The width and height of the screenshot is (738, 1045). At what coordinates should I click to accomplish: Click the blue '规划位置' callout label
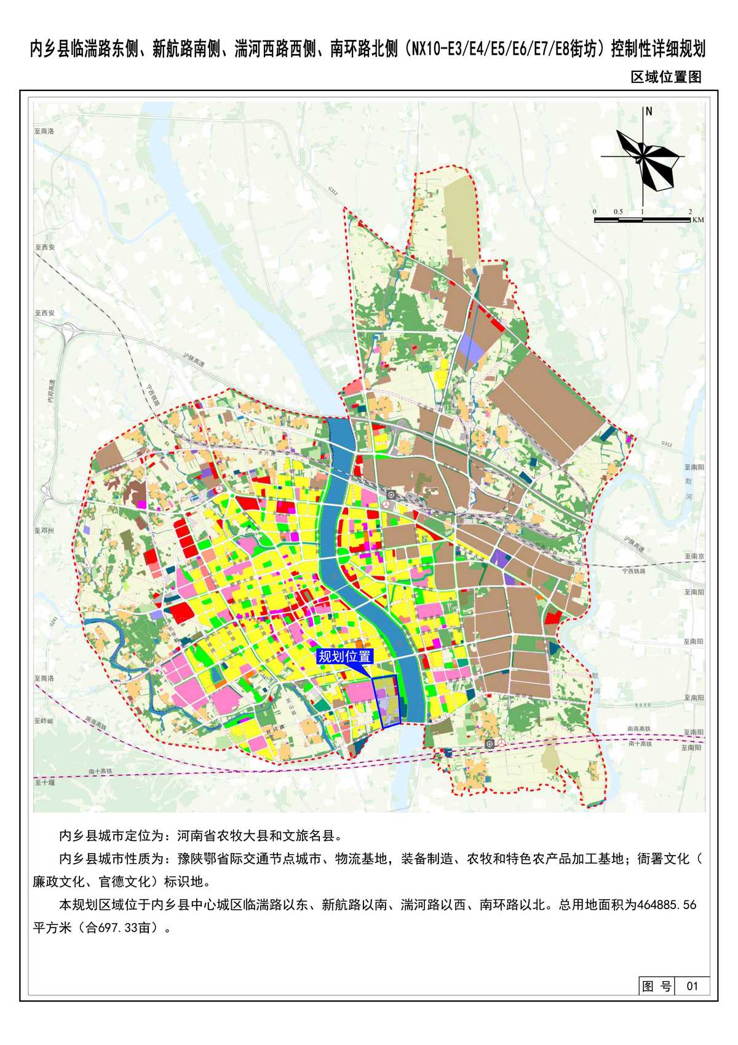(x=344, y=656)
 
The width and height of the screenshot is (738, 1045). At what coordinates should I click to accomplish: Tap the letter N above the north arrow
(x=649, y=112)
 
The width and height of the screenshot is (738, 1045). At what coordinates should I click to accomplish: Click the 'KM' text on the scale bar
(x=697, y=220)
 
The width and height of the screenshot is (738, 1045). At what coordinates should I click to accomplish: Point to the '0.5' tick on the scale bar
(x=617, y=212)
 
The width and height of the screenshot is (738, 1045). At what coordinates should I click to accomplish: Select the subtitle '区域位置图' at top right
(x=666, y=77)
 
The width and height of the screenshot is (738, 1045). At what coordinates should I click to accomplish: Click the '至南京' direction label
(x=694, y=556)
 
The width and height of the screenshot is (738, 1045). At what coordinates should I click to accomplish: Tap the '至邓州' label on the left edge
(x=44, y=530)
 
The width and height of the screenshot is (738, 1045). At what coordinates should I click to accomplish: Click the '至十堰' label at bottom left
(x=44, y=782)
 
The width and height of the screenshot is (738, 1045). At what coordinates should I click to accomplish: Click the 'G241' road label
(x=53, y=621)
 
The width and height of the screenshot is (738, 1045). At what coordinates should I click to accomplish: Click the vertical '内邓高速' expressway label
(x=52, y=391)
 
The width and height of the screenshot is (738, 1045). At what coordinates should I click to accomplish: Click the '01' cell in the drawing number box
(x=692, y=986)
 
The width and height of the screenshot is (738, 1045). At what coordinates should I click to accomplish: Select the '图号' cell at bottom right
(x=656, y=986)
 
